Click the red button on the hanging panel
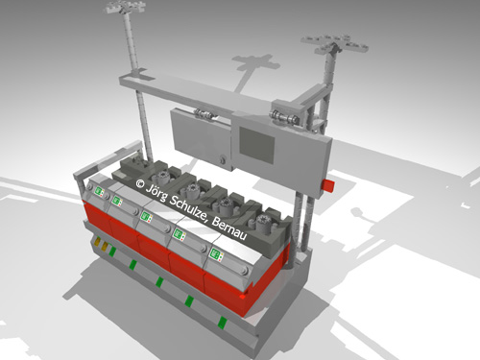point(329,186)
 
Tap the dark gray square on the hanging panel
point(257,146)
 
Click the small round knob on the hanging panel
point(223,159)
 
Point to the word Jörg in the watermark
point(156,192)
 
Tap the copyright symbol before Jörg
point(140,183)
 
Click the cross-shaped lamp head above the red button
point(334,44)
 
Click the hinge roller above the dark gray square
point(284,117)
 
